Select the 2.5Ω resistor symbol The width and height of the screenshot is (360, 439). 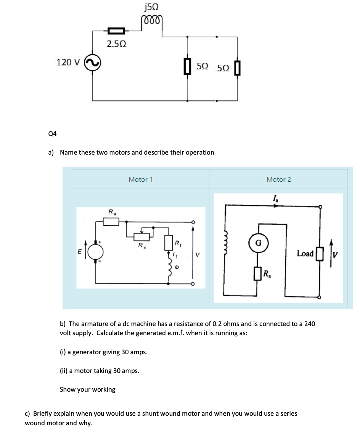[x=116, y=31]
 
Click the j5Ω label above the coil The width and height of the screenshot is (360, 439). [x=152, y=7]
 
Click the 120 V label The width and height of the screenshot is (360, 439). [x=68, y=62]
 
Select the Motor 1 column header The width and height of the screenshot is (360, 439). [x=141, y=179]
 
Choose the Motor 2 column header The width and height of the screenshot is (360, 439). [x=278, y=179]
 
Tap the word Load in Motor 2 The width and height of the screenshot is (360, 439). [x=305, y=254]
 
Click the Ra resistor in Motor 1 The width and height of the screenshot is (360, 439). [x=111, y=221]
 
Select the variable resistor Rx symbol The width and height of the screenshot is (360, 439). [x=141, y=237]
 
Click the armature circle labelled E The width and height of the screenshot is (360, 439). [x=95, y=252]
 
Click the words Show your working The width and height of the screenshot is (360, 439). [x=87, y=390]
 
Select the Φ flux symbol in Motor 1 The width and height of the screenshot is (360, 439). [x=177, y=268]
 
